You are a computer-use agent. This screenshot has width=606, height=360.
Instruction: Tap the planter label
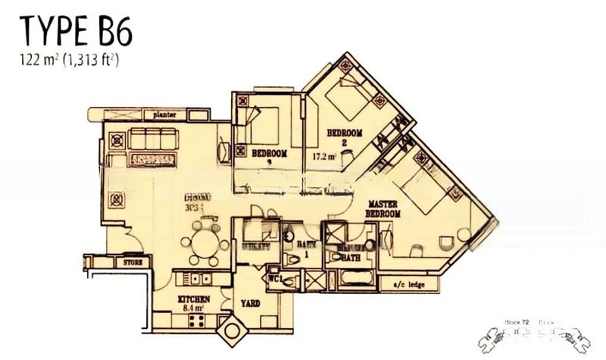164,114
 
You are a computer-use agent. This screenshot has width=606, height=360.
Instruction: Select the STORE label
132,262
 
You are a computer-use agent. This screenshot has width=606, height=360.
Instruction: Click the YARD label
250,303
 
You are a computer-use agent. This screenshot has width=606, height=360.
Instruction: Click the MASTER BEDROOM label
383,210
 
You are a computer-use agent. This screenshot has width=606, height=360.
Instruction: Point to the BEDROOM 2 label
344,137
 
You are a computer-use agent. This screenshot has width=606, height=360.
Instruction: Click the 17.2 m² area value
324,158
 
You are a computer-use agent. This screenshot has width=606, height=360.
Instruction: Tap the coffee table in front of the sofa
154,159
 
